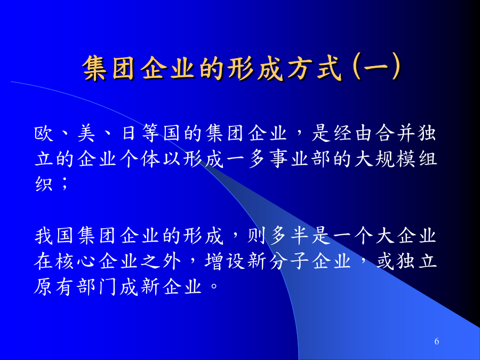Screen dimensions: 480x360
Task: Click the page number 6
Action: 437,341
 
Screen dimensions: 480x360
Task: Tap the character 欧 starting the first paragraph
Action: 44,133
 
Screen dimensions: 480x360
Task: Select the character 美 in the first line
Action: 86,133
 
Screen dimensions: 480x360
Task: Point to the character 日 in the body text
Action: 129,133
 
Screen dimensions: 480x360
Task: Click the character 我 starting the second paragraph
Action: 44,236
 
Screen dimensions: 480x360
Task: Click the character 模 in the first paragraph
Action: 406,159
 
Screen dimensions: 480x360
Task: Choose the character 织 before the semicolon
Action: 44,185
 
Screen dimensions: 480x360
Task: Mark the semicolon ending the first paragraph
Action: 65,183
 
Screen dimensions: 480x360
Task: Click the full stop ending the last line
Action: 214,286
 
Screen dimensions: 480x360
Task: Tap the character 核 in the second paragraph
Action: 65,261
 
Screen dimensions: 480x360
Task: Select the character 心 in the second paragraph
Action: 86,261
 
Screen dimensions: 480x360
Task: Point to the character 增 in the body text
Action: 214,261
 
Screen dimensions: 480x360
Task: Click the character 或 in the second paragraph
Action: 385,261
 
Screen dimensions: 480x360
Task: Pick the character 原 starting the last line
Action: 44,286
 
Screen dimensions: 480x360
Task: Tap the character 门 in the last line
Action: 108,286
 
